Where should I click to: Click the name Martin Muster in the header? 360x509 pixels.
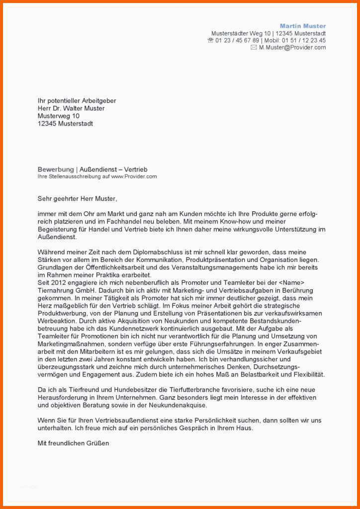click(x=303, y=26)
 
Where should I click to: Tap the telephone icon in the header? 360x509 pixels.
click(x=210, y=40)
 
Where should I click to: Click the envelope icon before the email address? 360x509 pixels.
click(x=254, y=48)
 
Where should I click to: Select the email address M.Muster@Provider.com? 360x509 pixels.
click(x=292, y=48)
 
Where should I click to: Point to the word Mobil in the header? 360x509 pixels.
click(x=272, y=40)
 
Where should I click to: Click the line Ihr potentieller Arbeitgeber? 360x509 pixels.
click(x=77, y=100)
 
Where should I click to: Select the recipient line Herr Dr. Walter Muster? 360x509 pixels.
click(x=71, y=108)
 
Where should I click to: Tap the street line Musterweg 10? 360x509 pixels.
click(x=58, y=116)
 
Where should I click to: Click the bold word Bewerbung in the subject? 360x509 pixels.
click(x=54, y=170)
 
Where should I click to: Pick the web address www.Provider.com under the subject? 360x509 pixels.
click(x=134, y=176)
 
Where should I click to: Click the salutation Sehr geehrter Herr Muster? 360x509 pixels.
click(x=78, y=199)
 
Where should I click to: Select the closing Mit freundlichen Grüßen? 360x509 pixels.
click(x=73, y=443)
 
